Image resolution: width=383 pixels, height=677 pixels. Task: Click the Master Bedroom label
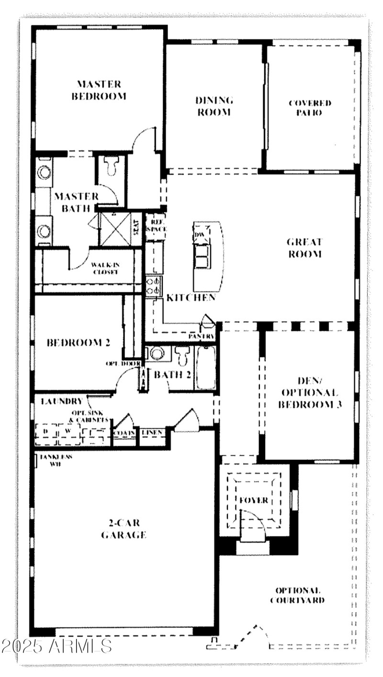point(99,90)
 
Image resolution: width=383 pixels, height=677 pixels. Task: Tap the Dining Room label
point(214,106)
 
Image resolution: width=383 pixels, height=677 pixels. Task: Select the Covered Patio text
point(310,108)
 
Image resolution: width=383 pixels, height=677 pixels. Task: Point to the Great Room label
point(304,248)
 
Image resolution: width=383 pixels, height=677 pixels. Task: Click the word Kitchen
point(191,298)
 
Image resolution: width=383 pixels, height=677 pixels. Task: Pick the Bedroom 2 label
point(78,343)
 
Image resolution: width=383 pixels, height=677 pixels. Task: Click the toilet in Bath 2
point(182,357)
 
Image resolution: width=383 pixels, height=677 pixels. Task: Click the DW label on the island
point(200,235)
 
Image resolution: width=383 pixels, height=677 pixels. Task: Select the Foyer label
point(254,500)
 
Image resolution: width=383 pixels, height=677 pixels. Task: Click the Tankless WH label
point(56,460)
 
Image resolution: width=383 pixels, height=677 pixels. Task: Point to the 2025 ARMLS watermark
point(56,645)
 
